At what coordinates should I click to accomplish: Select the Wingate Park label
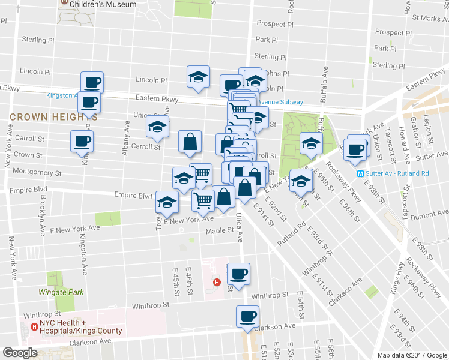coord(61,292)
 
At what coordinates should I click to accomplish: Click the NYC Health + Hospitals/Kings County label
coord(81,327)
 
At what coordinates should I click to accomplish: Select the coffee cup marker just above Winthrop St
coord(238,274)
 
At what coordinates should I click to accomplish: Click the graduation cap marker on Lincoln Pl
coord(198,77)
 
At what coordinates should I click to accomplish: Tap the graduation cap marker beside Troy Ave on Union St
coord(157,127)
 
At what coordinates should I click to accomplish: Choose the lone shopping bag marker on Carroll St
coord(190,142)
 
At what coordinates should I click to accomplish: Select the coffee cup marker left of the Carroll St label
coord(82,142)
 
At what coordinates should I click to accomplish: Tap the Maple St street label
coord(219,231)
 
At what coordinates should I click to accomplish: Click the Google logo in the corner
coord(20,352)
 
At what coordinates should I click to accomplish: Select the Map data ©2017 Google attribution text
coord(411,355)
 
